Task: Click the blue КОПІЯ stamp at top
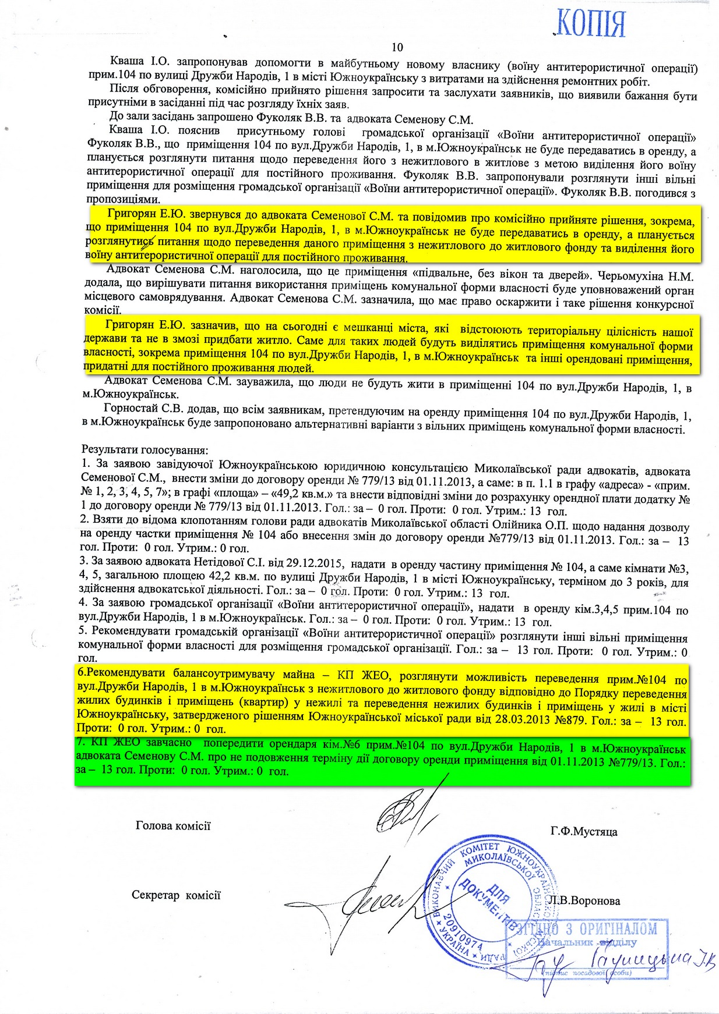(x=590, y=24)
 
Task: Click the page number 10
(x=397, y=47)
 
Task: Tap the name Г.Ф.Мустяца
(x=583, y=832)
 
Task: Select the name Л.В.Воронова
(x=584, y=901)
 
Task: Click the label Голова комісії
(x=173, y=825)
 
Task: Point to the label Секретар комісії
(x=176, y=895)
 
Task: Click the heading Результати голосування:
(x=144, y=450)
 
